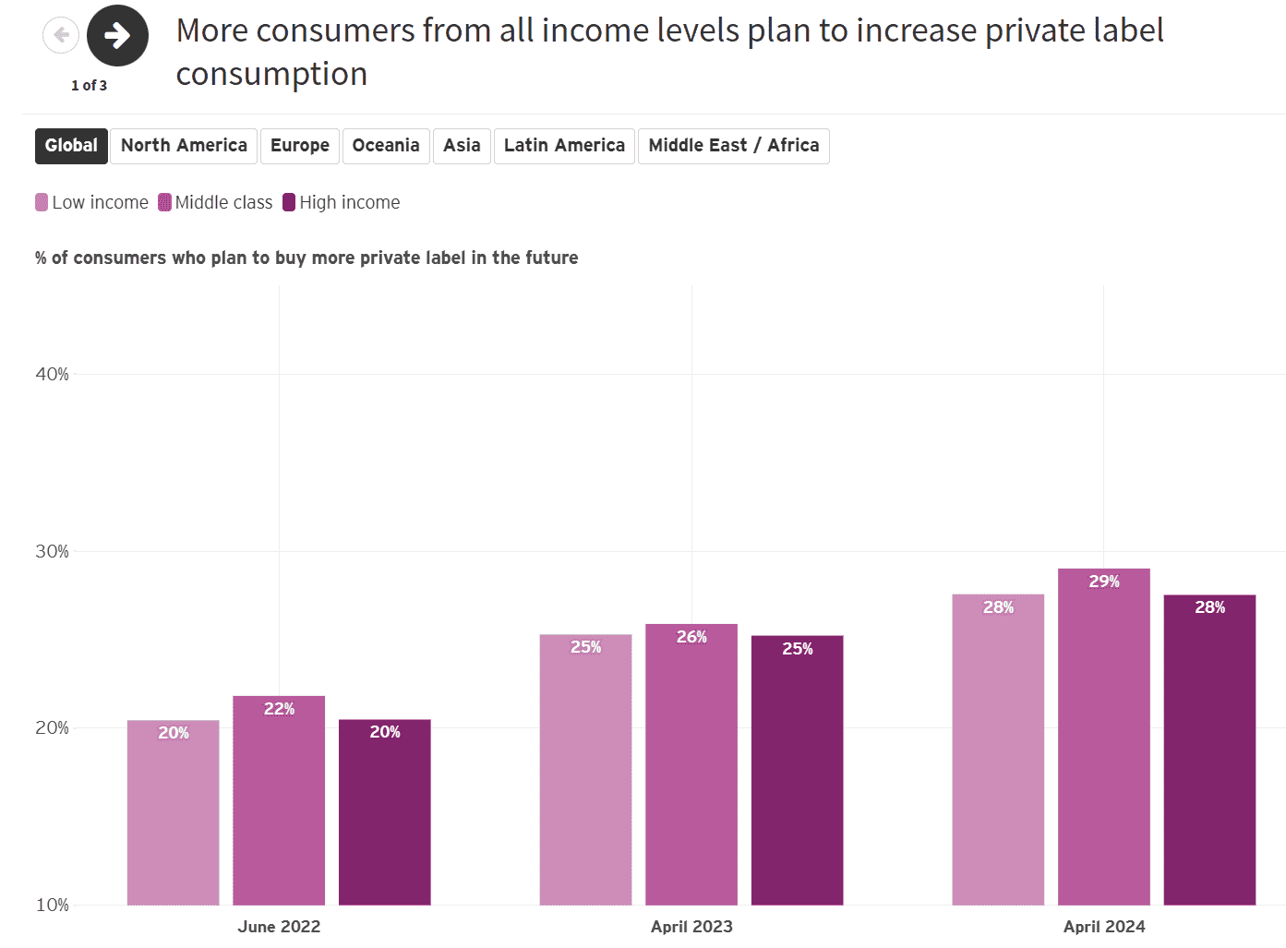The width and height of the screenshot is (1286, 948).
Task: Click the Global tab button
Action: [x=71, y=146]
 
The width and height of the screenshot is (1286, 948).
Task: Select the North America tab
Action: [x=184, y=146]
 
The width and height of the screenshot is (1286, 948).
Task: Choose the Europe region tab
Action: [x=300, y=146]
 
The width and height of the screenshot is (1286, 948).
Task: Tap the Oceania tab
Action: [x=386, y=146]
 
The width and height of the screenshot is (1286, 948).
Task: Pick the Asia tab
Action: [x=462, y=146]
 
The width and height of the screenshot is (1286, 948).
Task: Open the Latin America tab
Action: [x=564, y=146]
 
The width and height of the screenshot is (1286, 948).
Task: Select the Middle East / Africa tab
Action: [x=734, y=146]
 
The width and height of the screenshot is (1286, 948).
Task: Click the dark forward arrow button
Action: [x=117, y=36]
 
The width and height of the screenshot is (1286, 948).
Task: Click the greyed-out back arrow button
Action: [x=61, y=36]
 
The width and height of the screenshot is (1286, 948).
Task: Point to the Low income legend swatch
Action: [x=42, y=202]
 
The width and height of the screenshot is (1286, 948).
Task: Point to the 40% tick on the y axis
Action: [x=52, y=374]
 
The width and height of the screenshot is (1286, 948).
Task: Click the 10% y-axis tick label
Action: [x=52, y=905]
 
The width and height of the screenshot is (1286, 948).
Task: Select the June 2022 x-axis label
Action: [x=279, y=926]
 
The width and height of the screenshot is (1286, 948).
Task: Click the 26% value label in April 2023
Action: [x=691, y=637]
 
